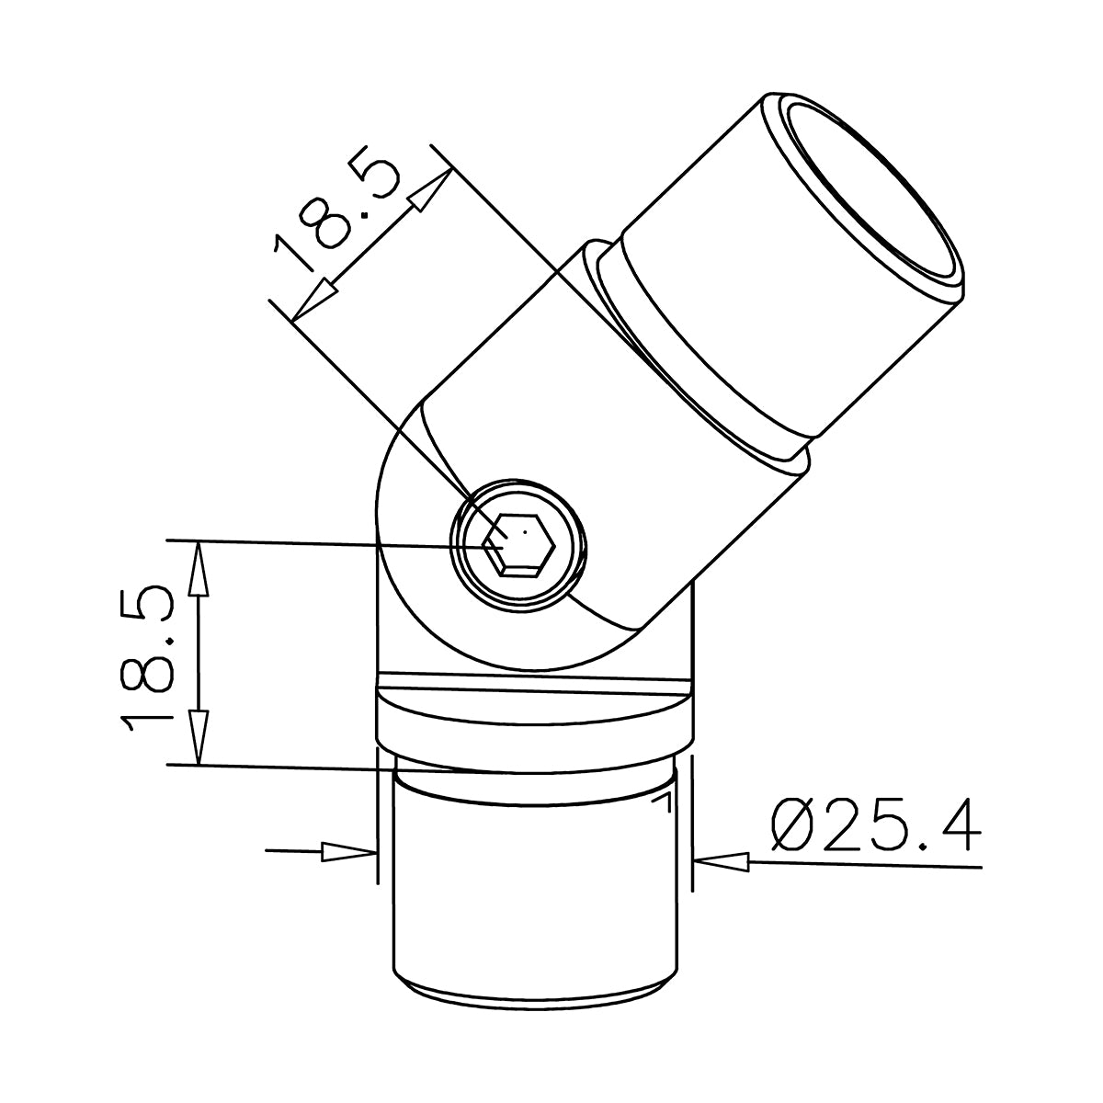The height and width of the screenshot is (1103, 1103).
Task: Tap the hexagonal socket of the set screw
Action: point(518,544)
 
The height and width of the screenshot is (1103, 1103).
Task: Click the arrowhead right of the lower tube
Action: point(721,862)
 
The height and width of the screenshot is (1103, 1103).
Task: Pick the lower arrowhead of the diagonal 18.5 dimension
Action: point(313,300)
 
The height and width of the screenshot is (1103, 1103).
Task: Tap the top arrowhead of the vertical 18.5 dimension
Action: point(198,569)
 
